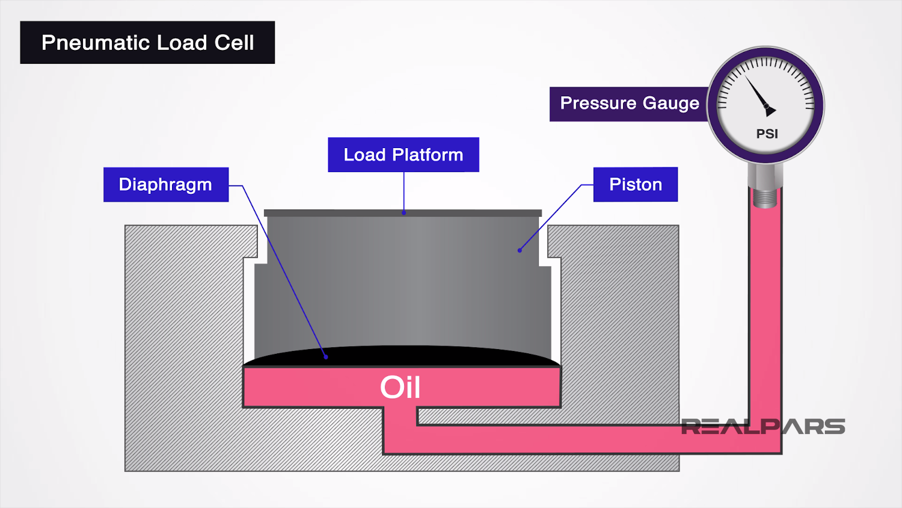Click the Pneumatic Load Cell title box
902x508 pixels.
tap(147, 43)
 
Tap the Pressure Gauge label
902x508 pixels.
tap(629, 104)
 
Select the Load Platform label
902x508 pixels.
tap(403, 155)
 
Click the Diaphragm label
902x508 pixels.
tap(165, 184)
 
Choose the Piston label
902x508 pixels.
tap(635, 184)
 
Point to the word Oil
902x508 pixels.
tap(400, 387)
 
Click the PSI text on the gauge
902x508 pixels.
tap(767, 134)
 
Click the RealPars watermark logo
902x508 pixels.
tap(762, 427)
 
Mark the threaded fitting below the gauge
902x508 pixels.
tap(765, 197)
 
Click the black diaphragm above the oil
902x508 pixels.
tap(402, 356)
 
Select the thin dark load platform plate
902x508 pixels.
tap(402, 213)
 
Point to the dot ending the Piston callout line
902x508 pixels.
tap(520, 250)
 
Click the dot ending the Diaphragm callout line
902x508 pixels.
tap(326, 357)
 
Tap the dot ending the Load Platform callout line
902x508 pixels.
tap(404, 212)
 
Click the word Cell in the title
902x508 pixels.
tap(235, 43)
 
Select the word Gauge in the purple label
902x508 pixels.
tap(670, 104)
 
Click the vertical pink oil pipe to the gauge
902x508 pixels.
tap(765, 313)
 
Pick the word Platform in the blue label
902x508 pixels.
tap(428, 155)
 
